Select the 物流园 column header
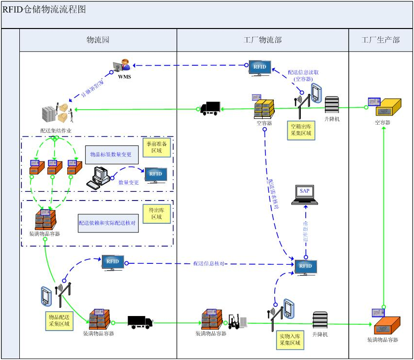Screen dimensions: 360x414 coord(98,40)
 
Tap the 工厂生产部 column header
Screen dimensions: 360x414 coord(381,40)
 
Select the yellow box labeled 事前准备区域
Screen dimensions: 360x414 coord(158,147)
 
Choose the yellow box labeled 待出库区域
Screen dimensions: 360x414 coord(157,214)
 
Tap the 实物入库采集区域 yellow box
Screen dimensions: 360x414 coord(290,340)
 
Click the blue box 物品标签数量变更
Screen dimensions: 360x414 coord(111,155)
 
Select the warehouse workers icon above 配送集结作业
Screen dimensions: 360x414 coord(56,113)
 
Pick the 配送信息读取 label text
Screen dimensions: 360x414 coord(303,75)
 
